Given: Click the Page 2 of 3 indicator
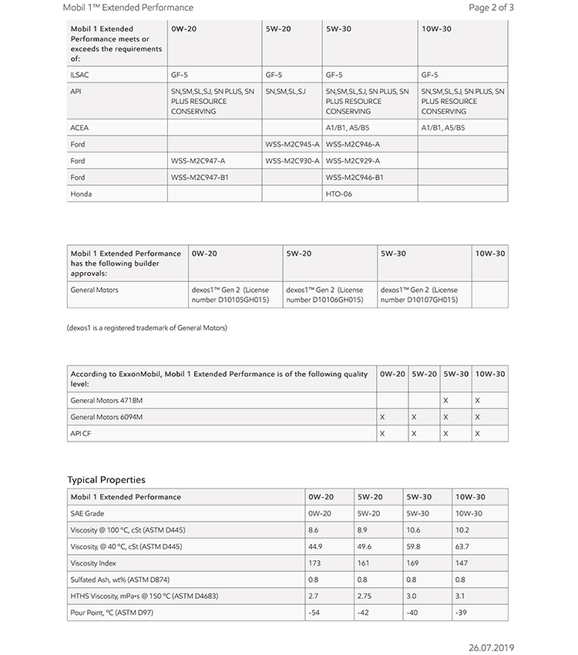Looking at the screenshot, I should coord(491,8).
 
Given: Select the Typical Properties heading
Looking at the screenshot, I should coord(106,480).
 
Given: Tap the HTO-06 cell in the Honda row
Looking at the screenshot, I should coord(340,194).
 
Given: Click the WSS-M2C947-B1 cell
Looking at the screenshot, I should coord(200,177).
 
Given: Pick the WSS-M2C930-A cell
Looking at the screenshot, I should coord(292,161).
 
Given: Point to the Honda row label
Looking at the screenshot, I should coord(81,194).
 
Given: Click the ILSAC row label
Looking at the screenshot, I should coord(80,76).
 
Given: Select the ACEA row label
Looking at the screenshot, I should coord(79,128).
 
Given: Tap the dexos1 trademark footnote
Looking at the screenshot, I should coord(147,328).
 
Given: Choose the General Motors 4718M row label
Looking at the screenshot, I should coord(106,401).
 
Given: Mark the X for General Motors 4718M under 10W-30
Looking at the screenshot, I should coord(478,401).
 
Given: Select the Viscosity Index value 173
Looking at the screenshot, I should coord(314,563).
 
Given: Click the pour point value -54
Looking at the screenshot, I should coord(314,613).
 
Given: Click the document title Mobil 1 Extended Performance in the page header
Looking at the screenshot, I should coord(126,8).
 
